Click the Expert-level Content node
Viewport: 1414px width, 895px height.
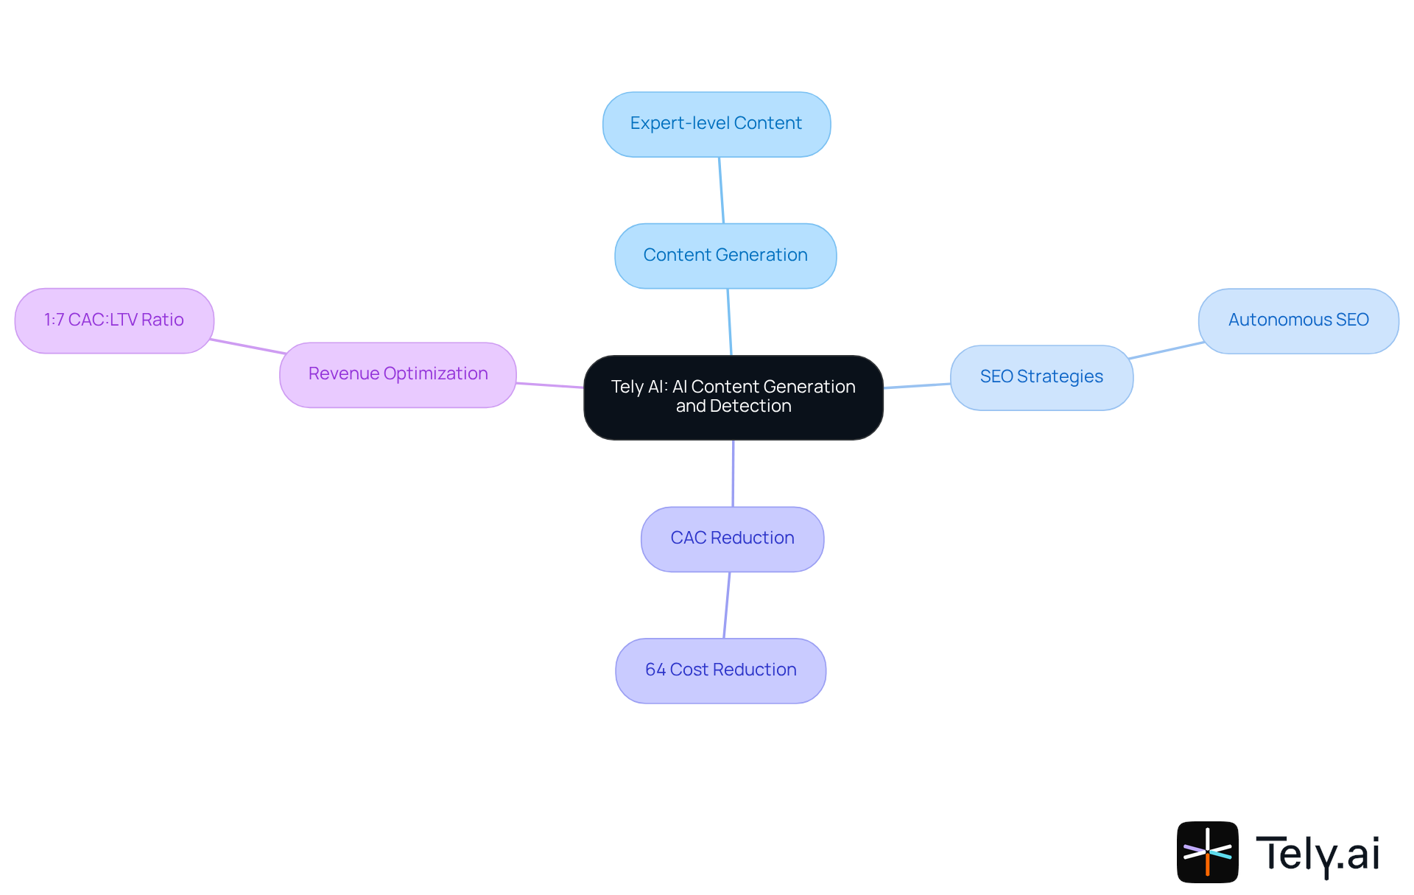click(x=716, y=124)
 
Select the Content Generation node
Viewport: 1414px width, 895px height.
click(x=725, y=256)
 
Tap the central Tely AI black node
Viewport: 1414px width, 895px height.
click(x=733, y=397)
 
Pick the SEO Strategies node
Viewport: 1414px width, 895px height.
click(x=1041, y=377)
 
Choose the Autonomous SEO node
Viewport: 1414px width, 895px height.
click(x=1298, y=320)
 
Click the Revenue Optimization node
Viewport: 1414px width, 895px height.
click(x=398, y=374)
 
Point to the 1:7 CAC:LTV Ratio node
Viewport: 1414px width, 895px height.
click(x=114, y=320)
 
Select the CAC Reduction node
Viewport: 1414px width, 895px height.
click(x=732, y=538)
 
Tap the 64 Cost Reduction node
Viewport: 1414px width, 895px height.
click(x=720, y=670)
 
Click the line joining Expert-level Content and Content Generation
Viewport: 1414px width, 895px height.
click(x=722, y=190)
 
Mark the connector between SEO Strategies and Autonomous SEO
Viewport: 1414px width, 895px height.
click(x=1167, y=351)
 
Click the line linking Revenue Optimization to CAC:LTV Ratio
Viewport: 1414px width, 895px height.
click(x=247, y=346)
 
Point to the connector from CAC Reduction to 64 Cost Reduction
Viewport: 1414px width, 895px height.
click(x=727, y=605)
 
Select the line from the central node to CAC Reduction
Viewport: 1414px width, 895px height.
click(x=733, y=473)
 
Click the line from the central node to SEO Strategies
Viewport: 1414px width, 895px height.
click(x=917, y=385)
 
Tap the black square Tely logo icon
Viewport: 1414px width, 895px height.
click(x=1207, y=852)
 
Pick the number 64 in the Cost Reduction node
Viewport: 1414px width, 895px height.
click(x=655, y=670)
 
